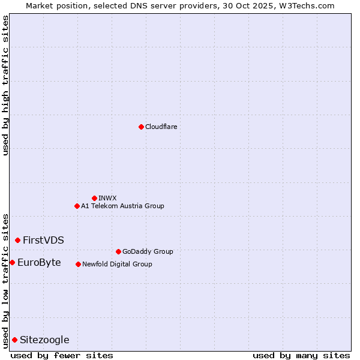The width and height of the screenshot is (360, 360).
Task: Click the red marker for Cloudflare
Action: pyautogui.click(x=141, y=127)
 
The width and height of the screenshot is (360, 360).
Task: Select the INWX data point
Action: pyautogui.click(x=94, y=198)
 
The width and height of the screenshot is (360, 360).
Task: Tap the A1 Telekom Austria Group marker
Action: pyautogui.click(x=77, y=206)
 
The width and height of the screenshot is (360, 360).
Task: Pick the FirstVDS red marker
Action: pyautogui.click(x=17, y=240)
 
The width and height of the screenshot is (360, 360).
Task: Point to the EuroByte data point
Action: pyautogui.click(x=12, y=262)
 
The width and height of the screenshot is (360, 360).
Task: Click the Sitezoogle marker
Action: pyautogui.click(x=14, y=340)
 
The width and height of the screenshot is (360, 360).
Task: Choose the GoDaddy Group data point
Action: pyautogui.click(x=118, y=251)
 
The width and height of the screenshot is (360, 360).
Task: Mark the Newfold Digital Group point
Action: pyautogui.click(x=78, y=264)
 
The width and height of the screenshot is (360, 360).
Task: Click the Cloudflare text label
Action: pyautogui.click(x=161, y=127)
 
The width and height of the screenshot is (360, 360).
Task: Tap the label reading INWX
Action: pyautogui.click(x=107, y=198)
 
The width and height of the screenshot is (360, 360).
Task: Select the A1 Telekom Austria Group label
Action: pyautogui.click(x=122, y=206)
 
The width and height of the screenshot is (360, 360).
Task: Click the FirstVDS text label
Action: pyautogui.click(x=43, y=240)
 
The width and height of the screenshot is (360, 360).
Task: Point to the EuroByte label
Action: pyautogui.click(x=39, y=262)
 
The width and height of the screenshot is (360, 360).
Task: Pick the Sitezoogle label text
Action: pyautogui.click(x=44, y=340)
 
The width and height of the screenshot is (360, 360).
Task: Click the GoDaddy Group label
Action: pyautogui.click(x=147, y=251)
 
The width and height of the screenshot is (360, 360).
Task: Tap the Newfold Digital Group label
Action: pyautogui.click(x=117, y=264)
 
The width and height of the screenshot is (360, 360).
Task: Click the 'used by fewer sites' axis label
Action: pyautogui.click(x=62, y=355)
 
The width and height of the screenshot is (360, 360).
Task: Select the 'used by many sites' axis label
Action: pyautogui.click(x=301, y=355)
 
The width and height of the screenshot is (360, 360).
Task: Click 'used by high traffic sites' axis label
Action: pyautogui.click(x=5, y=85)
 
